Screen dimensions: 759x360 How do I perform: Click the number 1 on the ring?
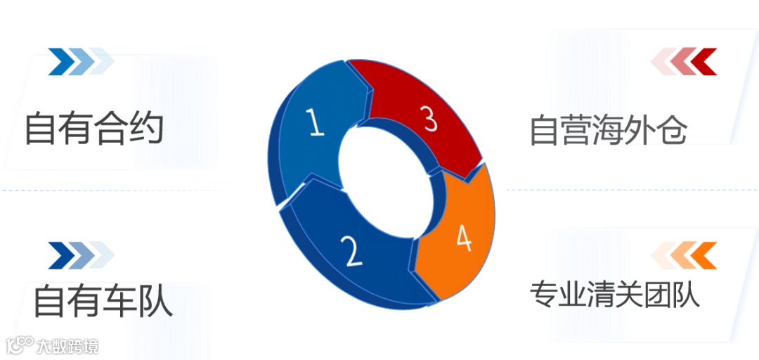click(317, 124)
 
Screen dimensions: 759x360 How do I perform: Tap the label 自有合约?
click(94, 129)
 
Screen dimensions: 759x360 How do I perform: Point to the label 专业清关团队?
click(615, 295)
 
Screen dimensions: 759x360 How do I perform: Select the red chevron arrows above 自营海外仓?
click(684, 61)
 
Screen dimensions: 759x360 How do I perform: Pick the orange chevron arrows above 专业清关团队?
click(684, 255)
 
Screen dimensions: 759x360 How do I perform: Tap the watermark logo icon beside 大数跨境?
click(20, 345)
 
